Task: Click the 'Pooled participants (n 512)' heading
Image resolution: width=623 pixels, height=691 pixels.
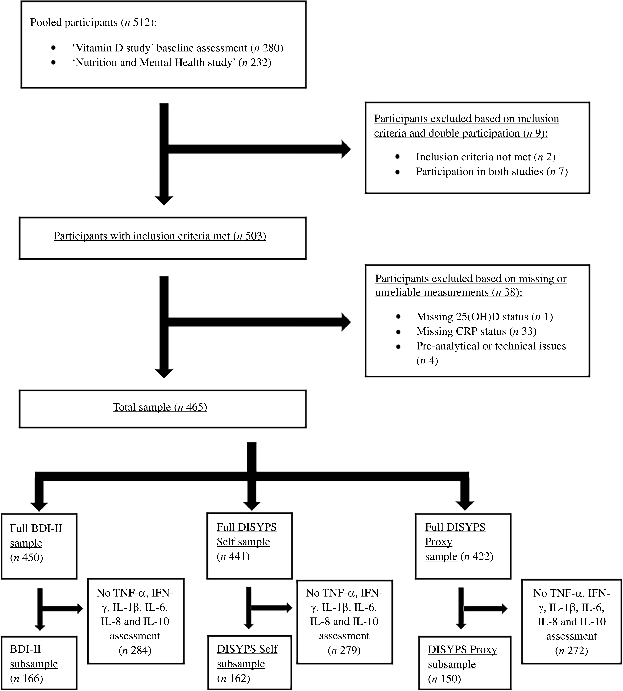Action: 94,23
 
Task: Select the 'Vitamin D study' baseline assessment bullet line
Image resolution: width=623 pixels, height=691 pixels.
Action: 178,48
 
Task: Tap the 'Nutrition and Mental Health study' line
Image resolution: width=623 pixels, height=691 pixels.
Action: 171,63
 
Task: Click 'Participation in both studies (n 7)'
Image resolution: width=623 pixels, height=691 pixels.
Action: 492,171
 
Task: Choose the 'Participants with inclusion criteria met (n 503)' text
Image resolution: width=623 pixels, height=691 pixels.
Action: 160,236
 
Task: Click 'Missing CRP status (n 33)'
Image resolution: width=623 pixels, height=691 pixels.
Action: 476,331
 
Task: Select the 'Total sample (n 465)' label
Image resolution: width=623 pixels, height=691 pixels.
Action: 160,407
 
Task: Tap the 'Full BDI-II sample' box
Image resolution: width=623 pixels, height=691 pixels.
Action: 39,546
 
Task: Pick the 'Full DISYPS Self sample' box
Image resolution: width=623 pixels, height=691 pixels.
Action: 250,546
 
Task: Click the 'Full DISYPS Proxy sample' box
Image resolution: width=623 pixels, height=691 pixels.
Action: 463,546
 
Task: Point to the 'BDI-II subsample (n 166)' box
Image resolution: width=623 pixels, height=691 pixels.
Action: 39,663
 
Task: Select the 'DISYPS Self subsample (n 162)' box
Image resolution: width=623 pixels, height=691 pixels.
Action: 250,663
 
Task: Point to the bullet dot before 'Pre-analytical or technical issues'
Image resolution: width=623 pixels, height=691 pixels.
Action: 398,346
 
